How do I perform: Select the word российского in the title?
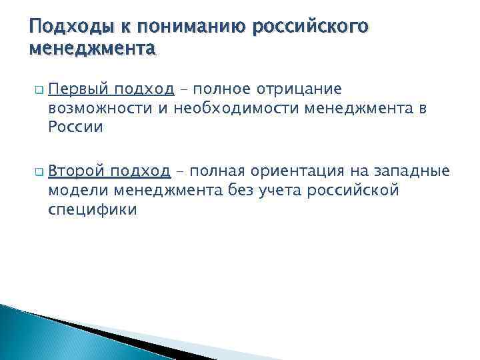(308, 27)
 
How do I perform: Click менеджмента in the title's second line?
(93, 49)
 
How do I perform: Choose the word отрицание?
(307, 89)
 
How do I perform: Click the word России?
(76, 127)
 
